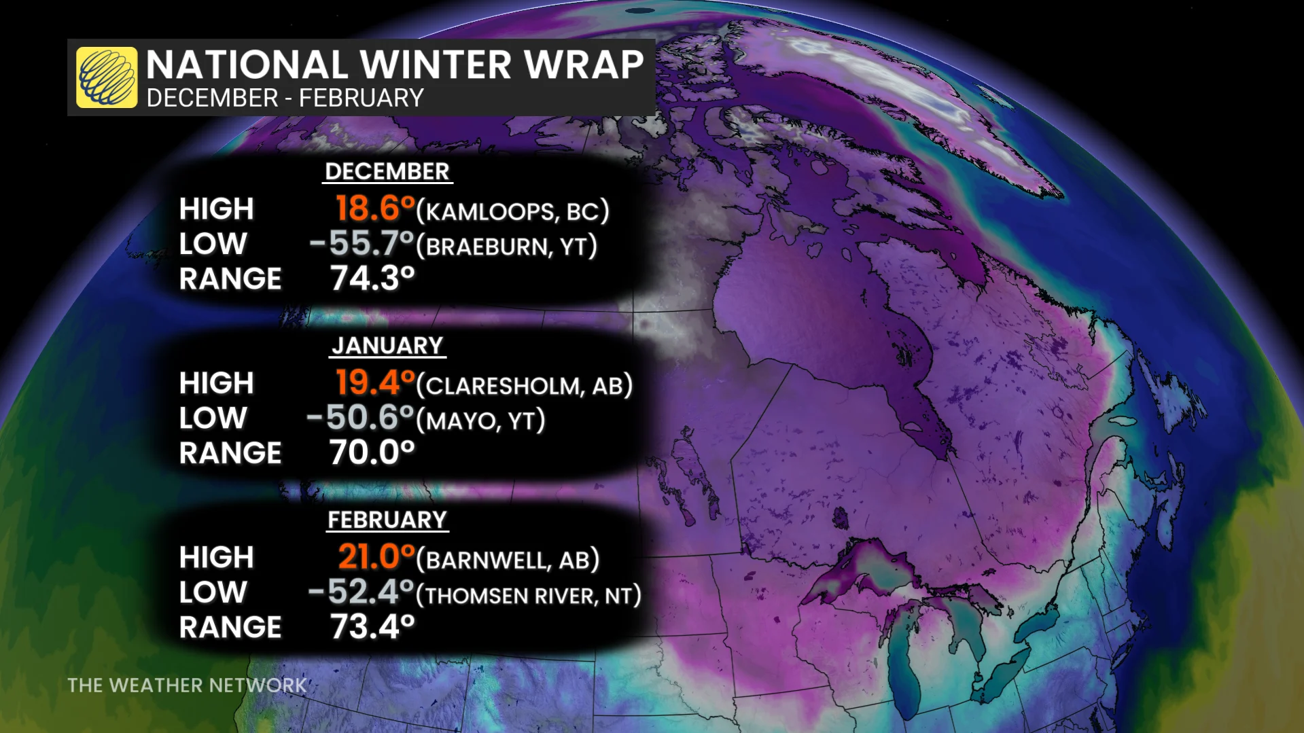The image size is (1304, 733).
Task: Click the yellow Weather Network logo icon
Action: coord(107,77)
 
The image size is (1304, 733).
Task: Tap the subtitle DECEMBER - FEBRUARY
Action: coord(285,99)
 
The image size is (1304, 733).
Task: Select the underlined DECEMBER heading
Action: coord(387,172)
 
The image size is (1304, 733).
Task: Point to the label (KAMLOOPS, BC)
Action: coord(513,211)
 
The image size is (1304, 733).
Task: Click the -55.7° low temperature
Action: coord(362,244)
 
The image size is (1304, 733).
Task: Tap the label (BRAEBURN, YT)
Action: coord(507,247)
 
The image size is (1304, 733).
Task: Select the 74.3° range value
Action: coord(372,279)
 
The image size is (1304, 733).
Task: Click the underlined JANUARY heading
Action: coord(387,346)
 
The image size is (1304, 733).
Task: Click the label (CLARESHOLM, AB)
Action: coord(525,386)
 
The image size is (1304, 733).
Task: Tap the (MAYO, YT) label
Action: coord(480,421)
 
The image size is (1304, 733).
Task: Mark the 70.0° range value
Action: coord(372,453)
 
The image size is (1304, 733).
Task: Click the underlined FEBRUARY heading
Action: coord(387,520)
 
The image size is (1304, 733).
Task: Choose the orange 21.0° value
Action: coord(376,557)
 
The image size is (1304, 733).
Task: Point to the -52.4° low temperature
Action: coord(362,592)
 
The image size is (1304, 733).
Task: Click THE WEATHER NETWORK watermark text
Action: coord(187,685)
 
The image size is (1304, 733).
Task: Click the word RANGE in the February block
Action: coord(230,628)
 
